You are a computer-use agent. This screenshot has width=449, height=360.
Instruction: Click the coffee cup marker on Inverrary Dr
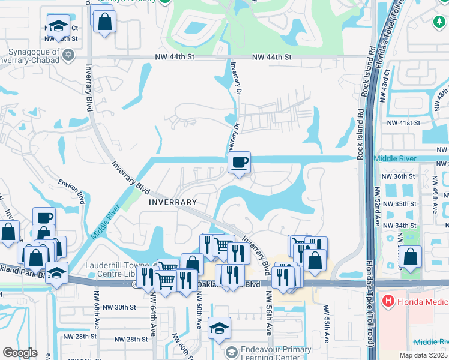tap(239, 162)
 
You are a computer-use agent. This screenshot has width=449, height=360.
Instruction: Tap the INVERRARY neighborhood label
tap(173, 203)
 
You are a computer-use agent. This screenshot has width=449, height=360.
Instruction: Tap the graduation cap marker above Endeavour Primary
tap(220, 328)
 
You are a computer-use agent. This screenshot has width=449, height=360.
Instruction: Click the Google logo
tap(20, 353)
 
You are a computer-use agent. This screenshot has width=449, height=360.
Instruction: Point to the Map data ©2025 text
tap(423, 355)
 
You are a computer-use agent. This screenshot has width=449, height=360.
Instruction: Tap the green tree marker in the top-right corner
tap(439, 22)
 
